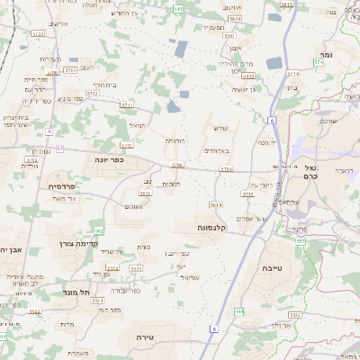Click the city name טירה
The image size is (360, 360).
[143, 336]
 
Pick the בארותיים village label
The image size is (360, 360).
[219, 150]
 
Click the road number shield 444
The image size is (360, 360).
[238, 310]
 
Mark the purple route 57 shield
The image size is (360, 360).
[59, 148]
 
